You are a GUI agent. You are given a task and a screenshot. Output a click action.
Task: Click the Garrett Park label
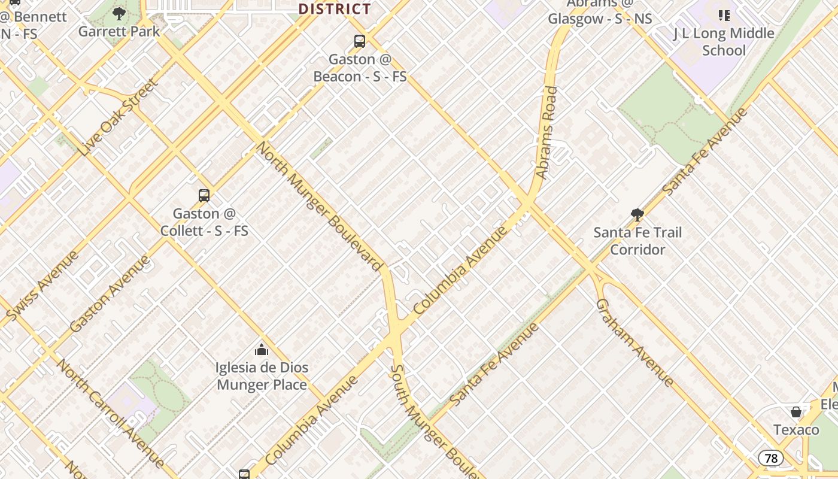(x=119, y=31)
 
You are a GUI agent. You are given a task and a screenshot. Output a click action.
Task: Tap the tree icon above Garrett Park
(x=119, y=13)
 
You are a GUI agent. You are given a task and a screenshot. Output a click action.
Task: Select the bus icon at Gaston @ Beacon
(x=360, y=41)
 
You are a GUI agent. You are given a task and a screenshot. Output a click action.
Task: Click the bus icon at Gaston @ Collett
(x=204, y=195)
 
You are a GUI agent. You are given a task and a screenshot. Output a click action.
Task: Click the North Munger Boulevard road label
(x=320, y=206)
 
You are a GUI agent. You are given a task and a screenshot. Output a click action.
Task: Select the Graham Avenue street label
(x=635, y=342)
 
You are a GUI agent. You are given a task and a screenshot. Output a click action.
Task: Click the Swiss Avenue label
(x=42, y=285)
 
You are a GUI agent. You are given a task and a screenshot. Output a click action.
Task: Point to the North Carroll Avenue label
(x=110, y=413)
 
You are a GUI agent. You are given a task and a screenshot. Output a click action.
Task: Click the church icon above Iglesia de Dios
(x=262, y=349)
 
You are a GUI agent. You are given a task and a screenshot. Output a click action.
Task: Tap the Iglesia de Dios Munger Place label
(x=262, y=376)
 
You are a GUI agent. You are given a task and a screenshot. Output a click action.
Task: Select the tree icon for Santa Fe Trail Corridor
(x=637, y=214)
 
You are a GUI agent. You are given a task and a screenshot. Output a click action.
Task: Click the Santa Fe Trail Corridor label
(x=637, y=241)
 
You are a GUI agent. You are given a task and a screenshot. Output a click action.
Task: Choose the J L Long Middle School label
(x=724, y=42)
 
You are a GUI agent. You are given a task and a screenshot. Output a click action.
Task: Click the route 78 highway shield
(x=771, y=459)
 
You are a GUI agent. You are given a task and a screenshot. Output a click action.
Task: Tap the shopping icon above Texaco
(x=796, y=412)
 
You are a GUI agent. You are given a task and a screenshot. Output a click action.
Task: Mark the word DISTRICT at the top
(x=335, y=9)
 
